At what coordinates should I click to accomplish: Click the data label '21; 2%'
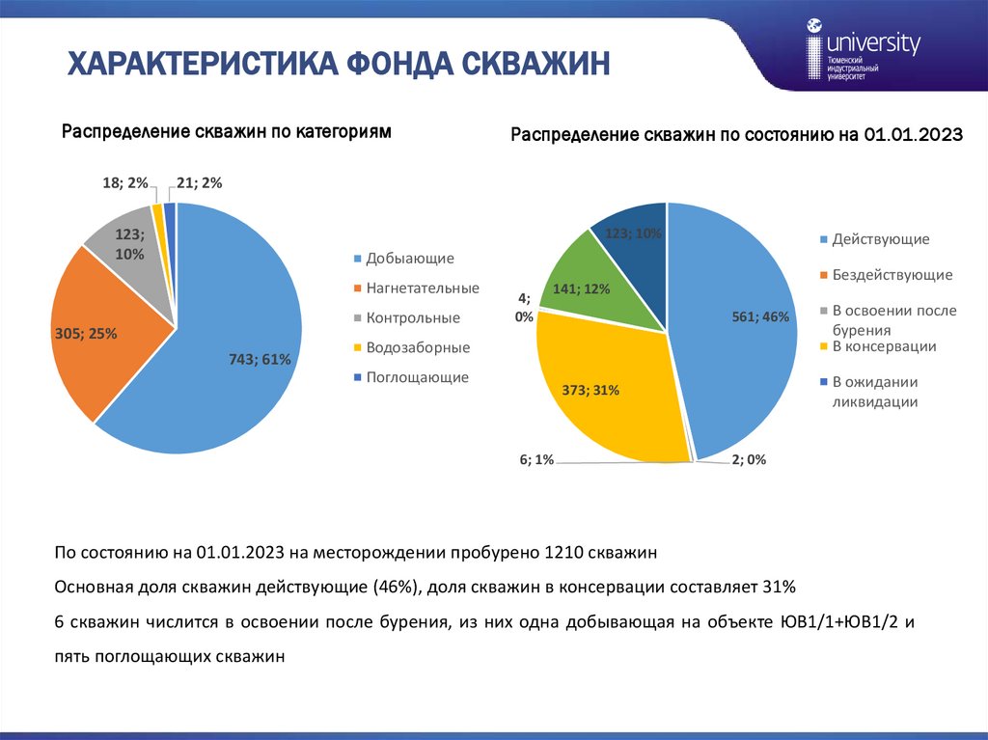pos(200,182)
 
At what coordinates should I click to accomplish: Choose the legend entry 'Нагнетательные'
pos(423,288)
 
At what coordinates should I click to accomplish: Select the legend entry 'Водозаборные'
pos(418,347)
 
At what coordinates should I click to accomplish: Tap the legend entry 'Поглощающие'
pos(417,377)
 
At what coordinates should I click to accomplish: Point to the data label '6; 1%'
pos(536,461)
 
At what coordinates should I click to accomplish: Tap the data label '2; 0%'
pos(749,461)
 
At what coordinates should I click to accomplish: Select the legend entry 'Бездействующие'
pos(892,275)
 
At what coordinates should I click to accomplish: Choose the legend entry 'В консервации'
pos(884,345)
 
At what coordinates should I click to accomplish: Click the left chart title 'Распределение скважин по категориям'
pos(227,132)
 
